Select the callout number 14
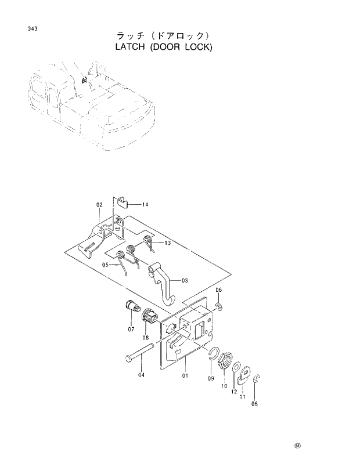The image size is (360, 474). click(x=145, y=204)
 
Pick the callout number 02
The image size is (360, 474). click(x=99, y=205)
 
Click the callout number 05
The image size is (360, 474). click(x=106, y=265)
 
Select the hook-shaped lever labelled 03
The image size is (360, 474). click(x=163, y=281)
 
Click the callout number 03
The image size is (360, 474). click(x=185, y=281)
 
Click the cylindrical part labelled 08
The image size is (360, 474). click(x=149, y=317)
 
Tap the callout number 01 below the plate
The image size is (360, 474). click(x=185, y=376)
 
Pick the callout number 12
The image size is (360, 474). click(x=234, y=392)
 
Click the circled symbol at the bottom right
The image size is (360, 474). click(x=297, y=446)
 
